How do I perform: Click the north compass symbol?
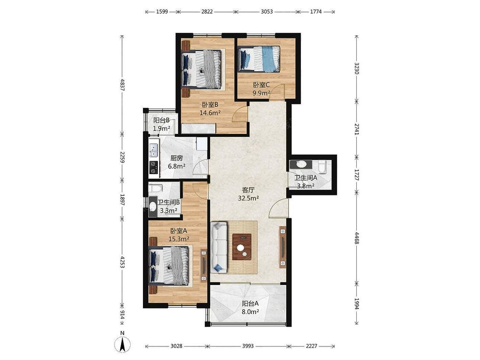tap(122, 344)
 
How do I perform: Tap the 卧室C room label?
tap(261, 85)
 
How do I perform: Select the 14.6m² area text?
tap(210, 113)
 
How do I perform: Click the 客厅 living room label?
tap(248, 190)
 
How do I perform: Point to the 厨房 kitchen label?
tap(177, 158)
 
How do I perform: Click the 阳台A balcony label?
tap(250, 304)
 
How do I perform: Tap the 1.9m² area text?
tap(162, 128)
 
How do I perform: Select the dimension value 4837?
tap(122, 85)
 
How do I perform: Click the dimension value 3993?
tap(248, 346)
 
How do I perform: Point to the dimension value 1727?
tap(357, 174)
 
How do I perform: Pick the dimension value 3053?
tap(267, 12)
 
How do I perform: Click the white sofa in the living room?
tap(219, 247)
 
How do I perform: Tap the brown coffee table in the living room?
tap(242, 247)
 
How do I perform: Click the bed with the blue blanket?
tap(259, 59)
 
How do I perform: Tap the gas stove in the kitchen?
tap(154, 168)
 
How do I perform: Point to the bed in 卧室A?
tap(169, 266)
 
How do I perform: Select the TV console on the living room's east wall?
tap(282, 247)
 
